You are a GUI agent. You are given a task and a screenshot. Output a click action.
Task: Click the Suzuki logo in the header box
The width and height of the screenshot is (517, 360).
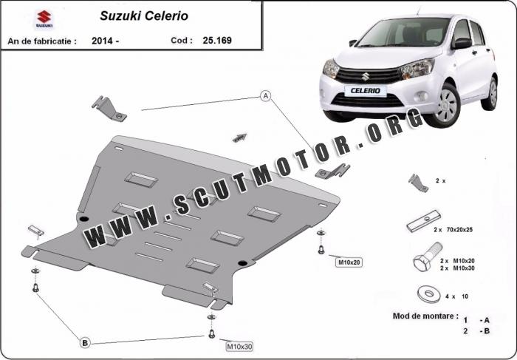pos(44,18)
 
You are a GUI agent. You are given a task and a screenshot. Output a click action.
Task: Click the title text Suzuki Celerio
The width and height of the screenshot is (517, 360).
pos(144,16)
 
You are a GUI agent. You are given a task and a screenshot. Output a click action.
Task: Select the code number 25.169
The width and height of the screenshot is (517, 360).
pos(217,40)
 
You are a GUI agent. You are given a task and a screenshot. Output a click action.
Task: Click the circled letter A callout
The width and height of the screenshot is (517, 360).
pos(265,96)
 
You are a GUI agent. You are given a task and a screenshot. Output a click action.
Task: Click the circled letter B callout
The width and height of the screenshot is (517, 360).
pos(85,343)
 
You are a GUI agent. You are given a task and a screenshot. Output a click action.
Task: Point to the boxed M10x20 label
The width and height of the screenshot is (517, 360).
pos(349,262)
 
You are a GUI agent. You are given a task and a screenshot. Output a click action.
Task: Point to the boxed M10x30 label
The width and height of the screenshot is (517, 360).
pos(239,347)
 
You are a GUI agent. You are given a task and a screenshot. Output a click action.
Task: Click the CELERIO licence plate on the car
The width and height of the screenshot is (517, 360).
pos(366,91)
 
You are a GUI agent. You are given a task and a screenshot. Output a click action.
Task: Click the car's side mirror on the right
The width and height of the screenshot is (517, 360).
pos(462,43)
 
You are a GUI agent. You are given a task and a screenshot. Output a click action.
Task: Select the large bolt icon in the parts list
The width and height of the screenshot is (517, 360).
pos(427,257)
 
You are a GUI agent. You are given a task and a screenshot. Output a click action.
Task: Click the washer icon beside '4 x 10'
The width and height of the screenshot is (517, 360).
pos(428,293)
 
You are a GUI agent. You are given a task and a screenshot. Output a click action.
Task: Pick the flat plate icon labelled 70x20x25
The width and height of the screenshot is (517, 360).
pos(424,221)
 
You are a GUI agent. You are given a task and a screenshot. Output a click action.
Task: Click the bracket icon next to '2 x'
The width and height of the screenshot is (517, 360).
pos(418,183)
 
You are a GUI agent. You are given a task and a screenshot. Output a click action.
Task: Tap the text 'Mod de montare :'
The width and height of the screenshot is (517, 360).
pos(425,316)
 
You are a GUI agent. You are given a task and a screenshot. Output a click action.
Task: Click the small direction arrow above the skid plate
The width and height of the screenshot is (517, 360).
pos(240,138)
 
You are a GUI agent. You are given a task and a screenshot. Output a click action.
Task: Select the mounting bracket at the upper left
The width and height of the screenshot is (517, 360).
pos(109,109)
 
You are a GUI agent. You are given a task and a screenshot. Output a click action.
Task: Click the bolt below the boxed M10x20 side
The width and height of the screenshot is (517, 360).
pos(321,250)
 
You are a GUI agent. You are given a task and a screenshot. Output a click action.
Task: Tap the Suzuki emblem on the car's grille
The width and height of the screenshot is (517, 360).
pos(365,77)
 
